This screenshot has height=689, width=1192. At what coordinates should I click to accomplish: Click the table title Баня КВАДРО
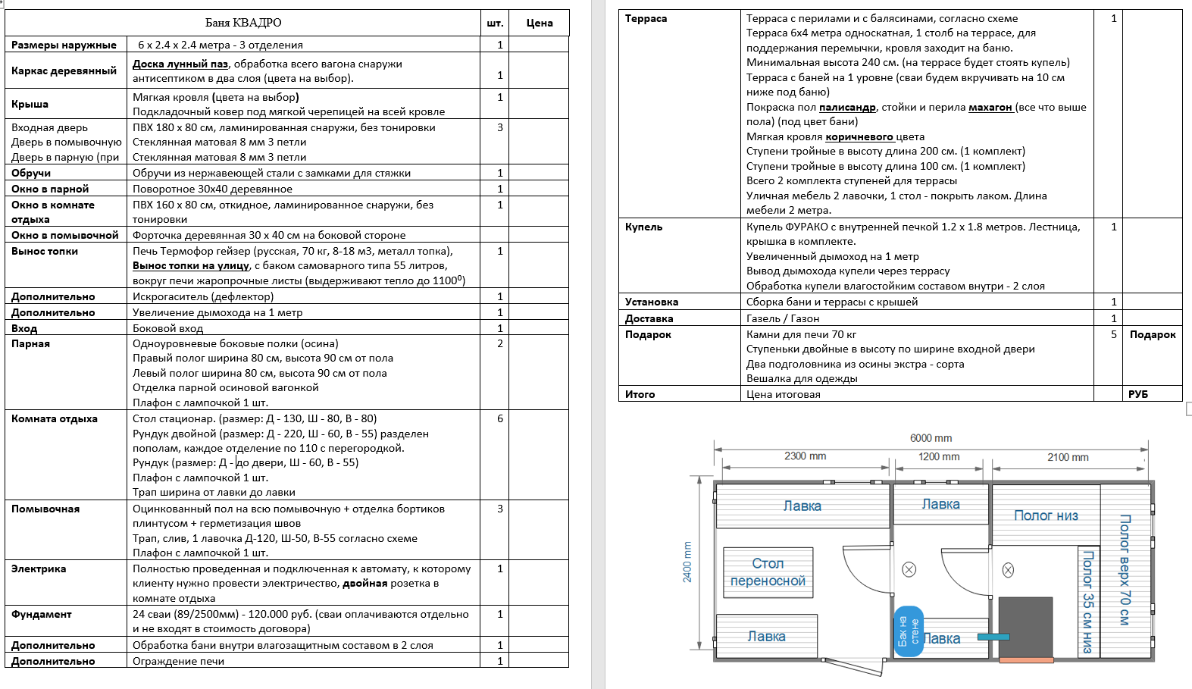243,23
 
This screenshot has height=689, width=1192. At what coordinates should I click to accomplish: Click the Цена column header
540,23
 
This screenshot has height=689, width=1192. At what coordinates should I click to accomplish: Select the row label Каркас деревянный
64,70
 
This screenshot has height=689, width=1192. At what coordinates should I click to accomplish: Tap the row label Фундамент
42,614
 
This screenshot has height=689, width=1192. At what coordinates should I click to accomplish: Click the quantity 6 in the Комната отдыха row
500,418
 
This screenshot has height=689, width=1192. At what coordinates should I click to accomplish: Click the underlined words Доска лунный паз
180,64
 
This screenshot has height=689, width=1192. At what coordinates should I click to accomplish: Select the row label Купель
643,227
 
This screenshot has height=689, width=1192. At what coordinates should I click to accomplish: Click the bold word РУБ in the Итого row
1137,394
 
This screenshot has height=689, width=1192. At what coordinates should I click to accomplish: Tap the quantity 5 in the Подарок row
1114,334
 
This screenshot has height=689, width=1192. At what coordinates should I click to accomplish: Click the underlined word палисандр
847,107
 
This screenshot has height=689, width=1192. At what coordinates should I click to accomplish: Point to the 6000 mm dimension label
931,438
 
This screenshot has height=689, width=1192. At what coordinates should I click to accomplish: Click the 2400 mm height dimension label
687,562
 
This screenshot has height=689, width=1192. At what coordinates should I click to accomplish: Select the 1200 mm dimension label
939,456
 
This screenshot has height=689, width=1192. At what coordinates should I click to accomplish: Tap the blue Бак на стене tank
909,631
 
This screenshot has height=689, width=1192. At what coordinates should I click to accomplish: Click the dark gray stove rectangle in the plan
1025,627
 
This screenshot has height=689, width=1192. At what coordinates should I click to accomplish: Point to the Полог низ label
1046,515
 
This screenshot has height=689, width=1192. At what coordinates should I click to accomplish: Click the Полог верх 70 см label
1125,569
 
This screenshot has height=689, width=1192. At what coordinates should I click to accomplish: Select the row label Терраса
646,18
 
